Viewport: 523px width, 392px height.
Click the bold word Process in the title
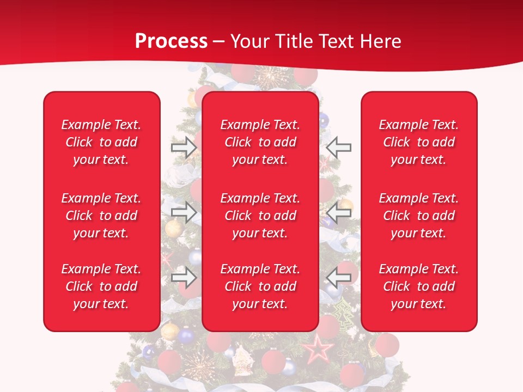pos(171,41)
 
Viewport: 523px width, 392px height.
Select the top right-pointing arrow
pos(184,148)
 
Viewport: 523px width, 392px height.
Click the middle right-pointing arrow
pos(184,212)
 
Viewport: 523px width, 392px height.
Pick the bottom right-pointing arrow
pos(184,278)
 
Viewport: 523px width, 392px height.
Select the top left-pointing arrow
pos(339,148)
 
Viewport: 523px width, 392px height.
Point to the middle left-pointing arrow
pos(339,212)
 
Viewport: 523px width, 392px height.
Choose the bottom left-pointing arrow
pos(339,278)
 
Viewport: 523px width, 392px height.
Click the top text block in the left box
pos(101,142)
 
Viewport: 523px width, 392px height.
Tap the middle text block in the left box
pos(101,216)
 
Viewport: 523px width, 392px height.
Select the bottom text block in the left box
pos(101,286)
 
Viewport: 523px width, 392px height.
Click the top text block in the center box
pos(260,142)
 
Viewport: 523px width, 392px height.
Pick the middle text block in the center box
pos(260,216)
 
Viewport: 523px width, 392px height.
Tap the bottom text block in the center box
pos(260,286)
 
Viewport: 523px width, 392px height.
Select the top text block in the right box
pos(419,142)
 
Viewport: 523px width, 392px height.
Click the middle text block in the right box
pos(419,216)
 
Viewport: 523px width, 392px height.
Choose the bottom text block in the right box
pos(419,286)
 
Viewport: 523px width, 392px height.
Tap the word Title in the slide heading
pos(294,41)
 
